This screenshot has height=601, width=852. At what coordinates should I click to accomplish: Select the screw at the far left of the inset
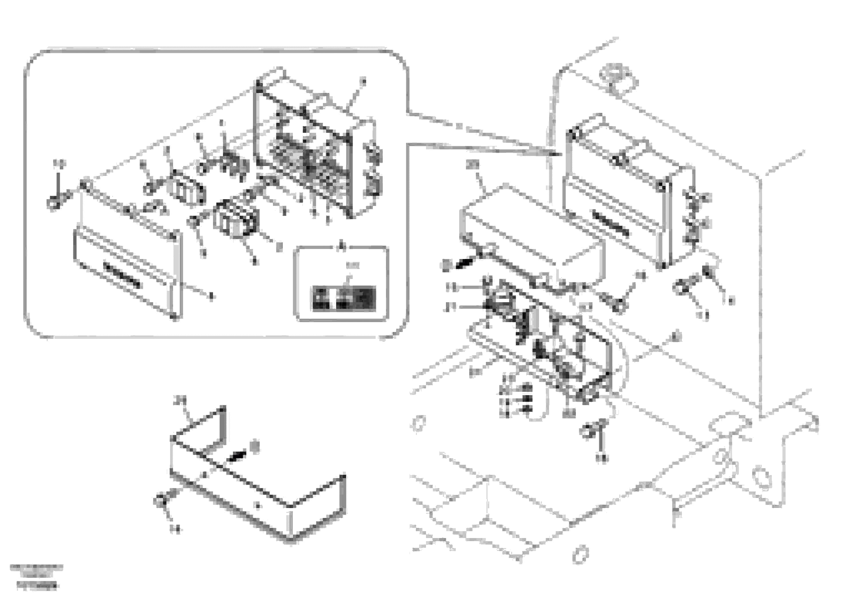(x=53, y=203)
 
